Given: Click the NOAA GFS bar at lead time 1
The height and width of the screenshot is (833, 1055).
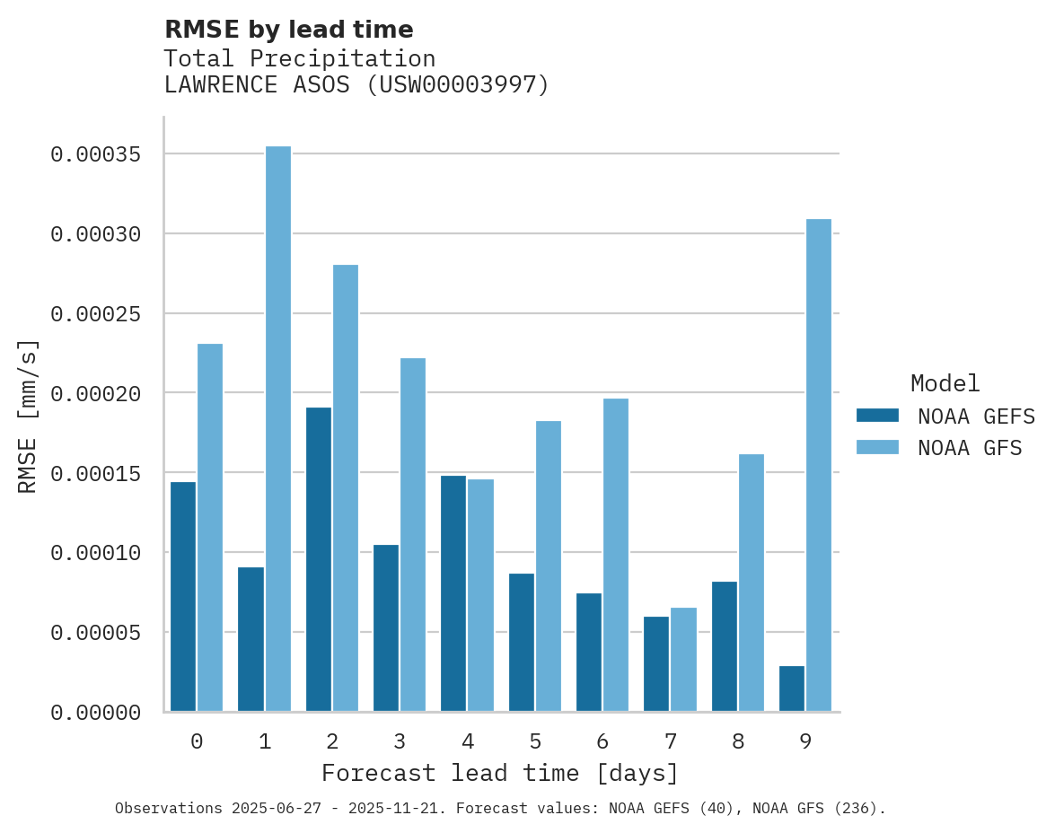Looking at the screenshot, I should pos(278,429).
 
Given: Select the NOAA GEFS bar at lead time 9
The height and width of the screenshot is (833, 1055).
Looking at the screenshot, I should pos(792,688).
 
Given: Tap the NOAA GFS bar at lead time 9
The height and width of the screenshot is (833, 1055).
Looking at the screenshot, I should pos(819,465).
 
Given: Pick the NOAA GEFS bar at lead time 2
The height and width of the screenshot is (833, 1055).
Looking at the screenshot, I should pos(319,559).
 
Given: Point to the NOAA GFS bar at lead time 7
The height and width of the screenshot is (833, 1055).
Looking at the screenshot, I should pos(683,660).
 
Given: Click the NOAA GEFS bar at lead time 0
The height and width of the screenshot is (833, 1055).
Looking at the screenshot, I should pos(183,597).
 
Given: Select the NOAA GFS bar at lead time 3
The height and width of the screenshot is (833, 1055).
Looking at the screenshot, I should pos(413,535).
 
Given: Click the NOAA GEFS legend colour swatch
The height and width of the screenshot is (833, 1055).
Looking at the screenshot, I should pos(877,415).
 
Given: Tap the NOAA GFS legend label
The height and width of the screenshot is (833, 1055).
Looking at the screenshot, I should pos(970,447).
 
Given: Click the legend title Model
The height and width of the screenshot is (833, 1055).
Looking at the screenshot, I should pos(945,383).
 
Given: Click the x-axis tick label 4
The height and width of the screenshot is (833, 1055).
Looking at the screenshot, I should pos(468,742).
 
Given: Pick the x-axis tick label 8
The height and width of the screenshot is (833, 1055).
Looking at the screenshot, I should pos(738,742).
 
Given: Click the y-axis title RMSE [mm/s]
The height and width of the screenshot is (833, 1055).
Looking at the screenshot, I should pos(29,416).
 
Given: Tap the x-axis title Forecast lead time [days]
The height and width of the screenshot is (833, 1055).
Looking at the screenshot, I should pos(500,773).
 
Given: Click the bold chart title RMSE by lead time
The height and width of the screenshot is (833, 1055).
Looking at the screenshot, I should pos(288,30).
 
